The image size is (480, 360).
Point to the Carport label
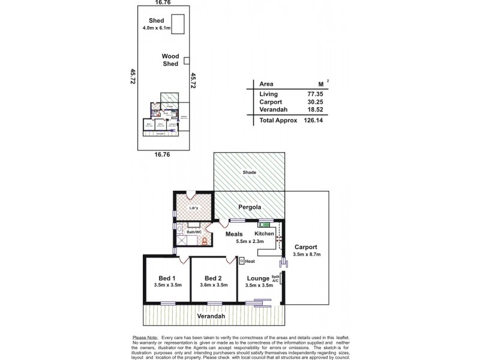click(x=306, y=247)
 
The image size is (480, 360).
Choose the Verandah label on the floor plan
click(x=212, y=316)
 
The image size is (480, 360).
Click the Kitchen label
click(x=264, y=233)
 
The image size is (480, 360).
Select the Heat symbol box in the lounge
click(x=242, y=261)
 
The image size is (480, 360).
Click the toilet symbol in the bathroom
click(x=205, y=241)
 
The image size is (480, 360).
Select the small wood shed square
click(x=187, y=60)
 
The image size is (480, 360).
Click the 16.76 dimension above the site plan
click(x=160, y=3)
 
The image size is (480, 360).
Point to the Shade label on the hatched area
click(x=249, y=173)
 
